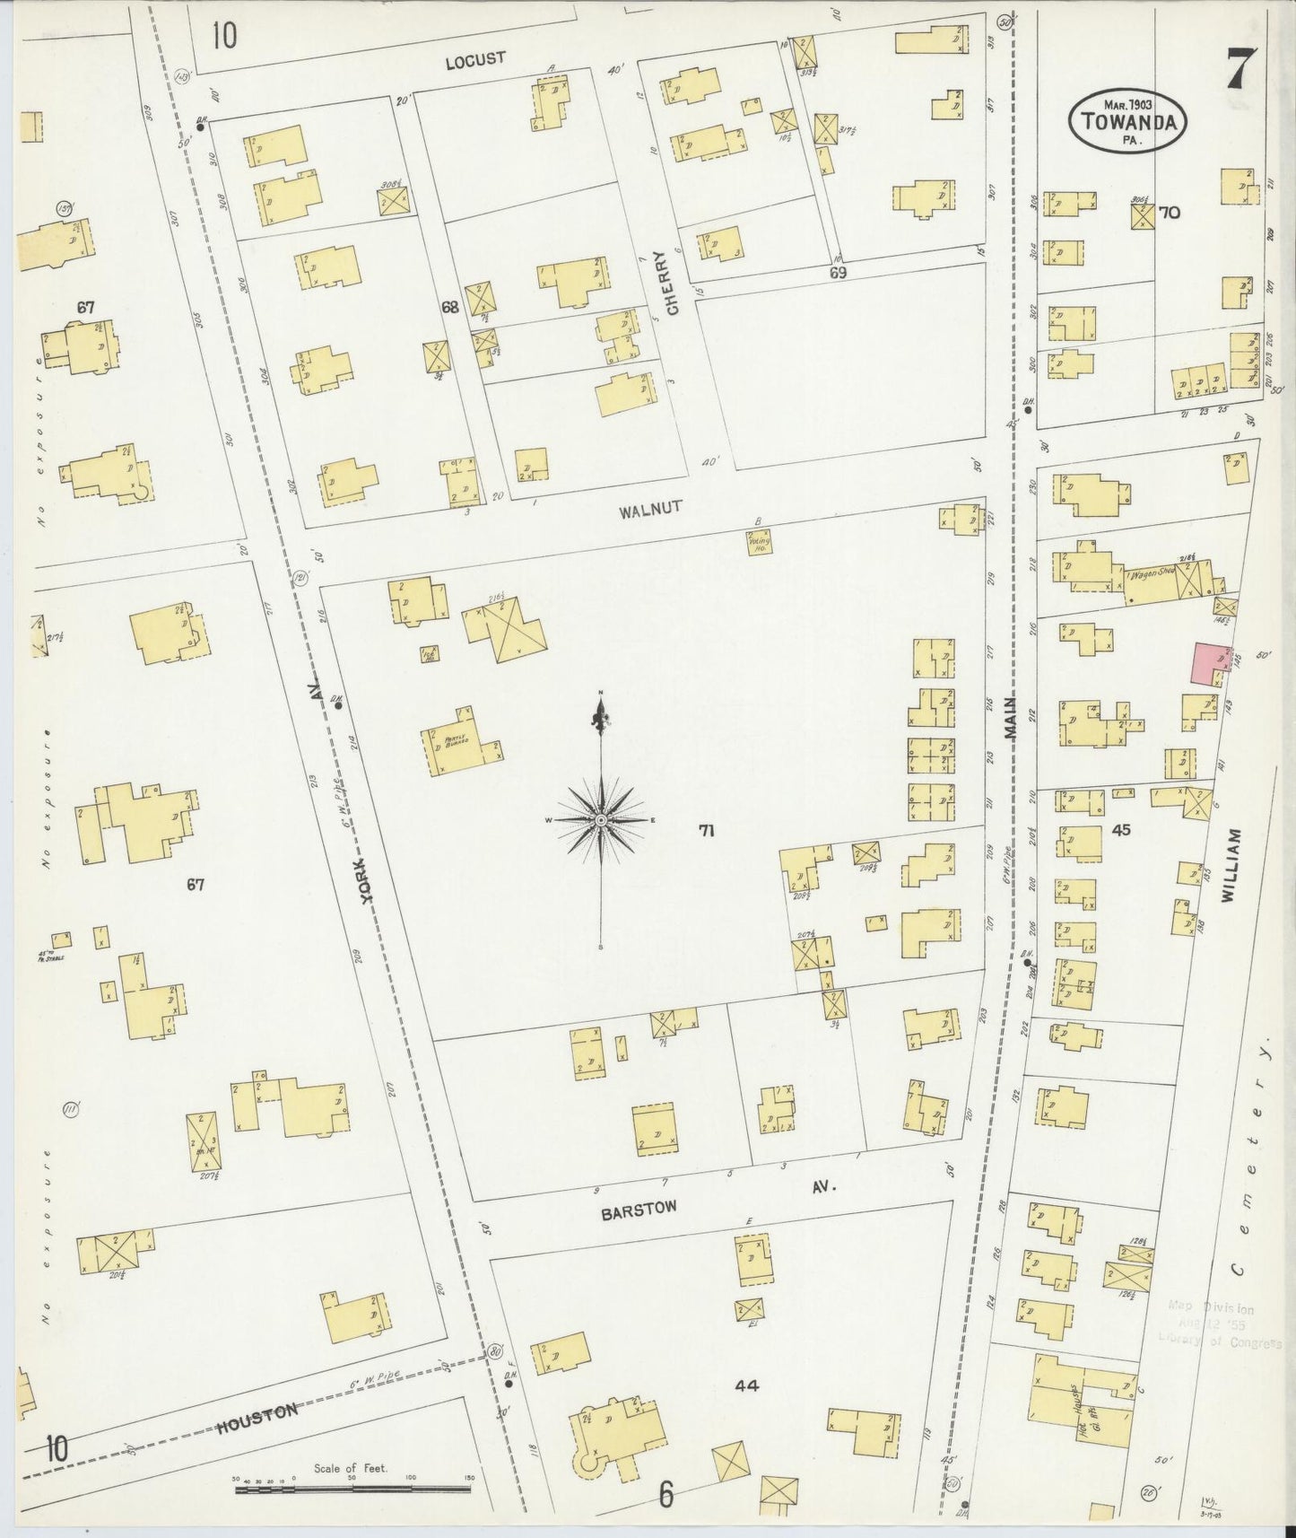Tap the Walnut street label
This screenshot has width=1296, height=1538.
coord(650,509)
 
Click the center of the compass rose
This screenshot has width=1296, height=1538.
coord(600,820)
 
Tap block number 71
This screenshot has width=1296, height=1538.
coord(707,831)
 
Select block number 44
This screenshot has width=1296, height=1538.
coord(746,1385)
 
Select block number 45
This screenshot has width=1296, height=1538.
coord(1120,830)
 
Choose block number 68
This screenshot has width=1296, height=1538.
coord(449,307)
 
